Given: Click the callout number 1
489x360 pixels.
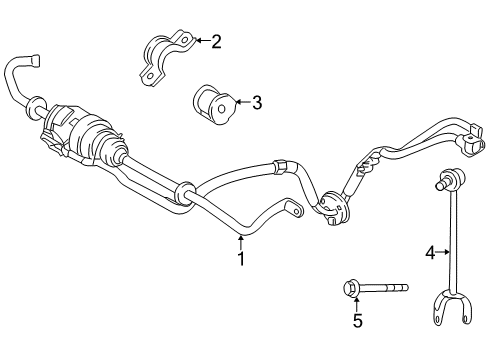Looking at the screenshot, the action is [241, 258].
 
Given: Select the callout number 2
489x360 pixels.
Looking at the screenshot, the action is [216, 42].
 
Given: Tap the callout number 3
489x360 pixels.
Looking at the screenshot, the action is [257, 102].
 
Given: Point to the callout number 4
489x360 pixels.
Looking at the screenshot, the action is [430, 253].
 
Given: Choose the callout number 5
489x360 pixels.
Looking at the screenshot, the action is [357, 321].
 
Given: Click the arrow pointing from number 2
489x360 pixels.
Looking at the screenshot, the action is [202, 41].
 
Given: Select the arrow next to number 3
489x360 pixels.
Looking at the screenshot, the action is [242, 102].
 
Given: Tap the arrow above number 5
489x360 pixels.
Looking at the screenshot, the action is [356, 305].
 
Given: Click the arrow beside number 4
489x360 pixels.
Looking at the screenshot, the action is [443, 252].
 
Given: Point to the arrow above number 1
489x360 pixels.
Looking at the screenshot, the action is [241, 242].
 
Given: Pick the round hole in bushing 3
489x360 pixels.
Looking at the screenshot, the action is [221, 108].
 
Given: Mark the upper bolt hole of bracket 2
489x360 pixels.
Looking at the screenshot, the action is [184, 40].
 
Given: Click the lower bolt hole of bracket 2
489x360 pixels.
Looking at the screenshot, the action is [150, 76].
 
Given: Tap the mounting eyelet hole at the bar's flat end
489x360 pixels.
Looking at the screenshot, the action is [297, 210].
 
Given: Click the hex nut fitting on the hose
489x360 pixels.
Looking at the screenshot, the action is [280, 166].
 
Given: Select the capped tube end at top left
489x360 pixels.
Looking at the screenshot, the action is [35, 61].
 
